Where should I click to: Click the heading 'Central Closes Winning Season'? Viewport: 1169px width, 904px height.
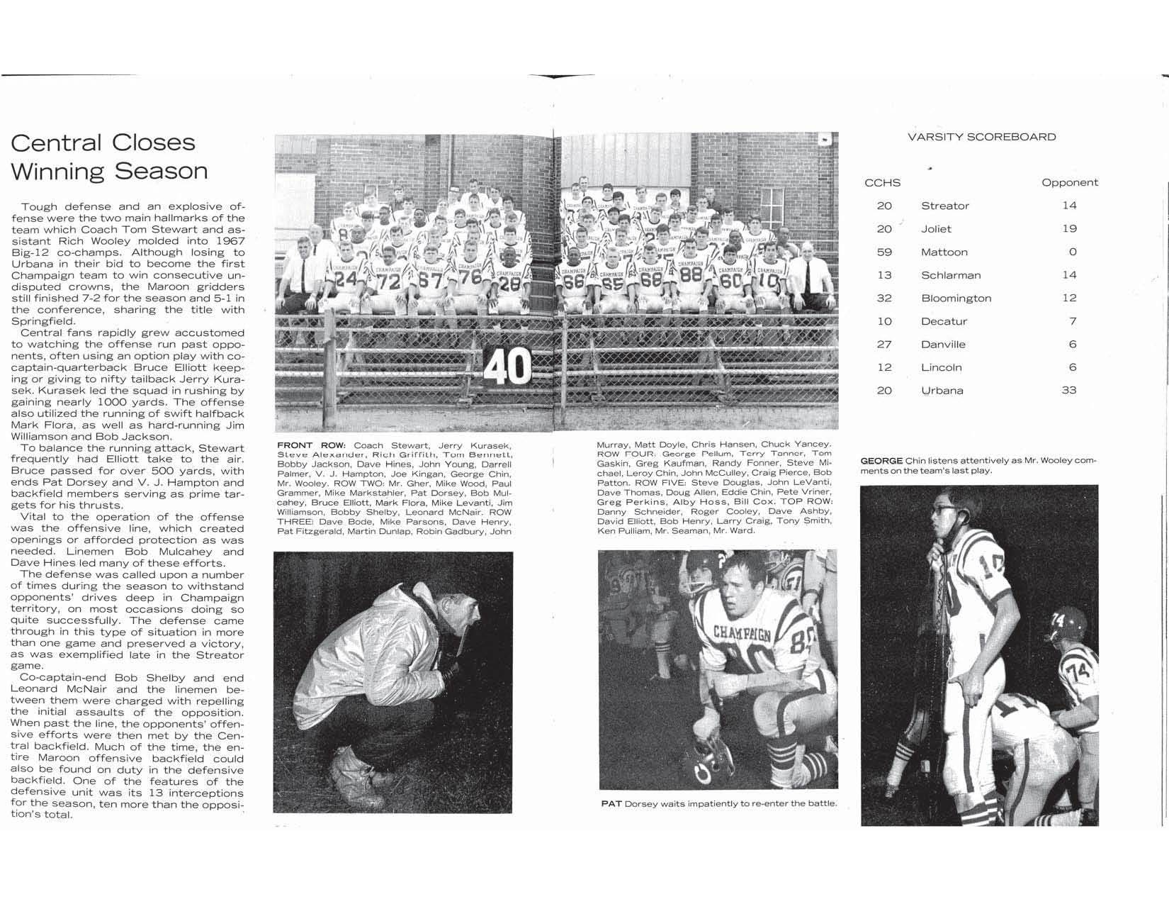pyautogui.click(x=109, y=157)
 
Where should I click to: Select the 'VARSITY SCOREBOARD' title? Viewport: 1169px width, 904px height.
pyautogui.click(x=981, y=137)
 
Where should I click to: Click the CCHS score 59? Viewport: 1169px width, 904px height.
pyautogui.click(x=884, y=252)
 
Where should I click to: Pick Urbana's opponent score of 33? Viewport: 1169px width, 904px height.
pyautogui.click(x=1068, y=391)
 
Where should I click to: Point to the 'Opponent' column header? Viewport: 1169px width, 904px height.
pyautogui.click(x=1069, y=183)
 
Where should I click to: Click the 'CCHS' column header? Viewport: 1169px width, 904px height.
pyautogui.click(x=882, y=183)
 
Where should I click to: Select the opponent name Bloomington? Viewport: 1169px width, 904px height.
pyautogui.click(x=956, y=298)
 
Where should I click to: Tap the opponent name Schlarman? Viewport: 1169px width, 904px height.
pyautogui.click(x=950, y=275)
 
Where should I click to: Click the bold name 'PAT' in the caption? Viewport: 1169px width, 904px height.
pyautogui.click(x=611, y=803)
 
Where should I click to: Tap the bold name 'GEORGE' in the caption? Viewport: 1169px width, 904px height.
pyautogui.click(x=881, y=461)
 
